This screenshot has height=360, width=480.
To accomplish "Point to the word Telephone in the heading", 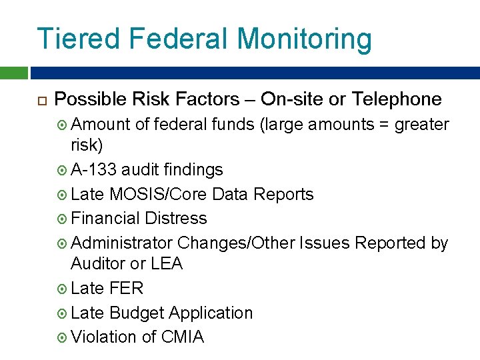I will click(397, 99).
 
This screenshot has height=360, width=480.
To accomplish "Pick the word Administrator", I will click(122, 243).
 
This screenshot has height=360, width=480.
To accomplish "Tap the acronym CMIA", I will click(182, 337).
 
